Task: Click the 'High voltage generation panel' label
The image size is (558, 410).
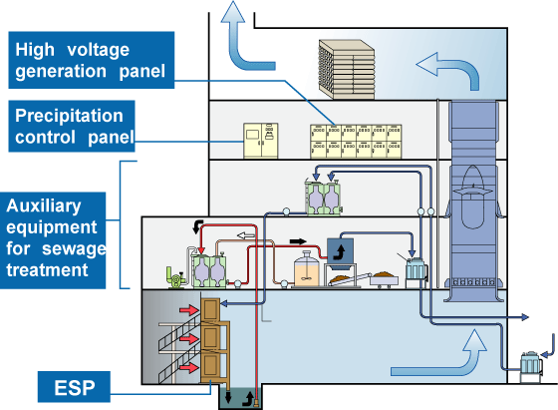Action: [92, 60]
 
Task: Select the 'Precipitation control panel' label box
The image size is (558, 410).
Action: [72, 126]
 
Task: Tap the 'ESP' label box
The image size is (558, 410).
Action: [74, 387]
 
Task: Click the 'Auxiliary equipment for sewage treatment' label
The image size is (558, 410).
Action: [53, 240]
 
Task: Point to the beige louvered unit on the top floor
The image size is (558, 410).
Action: [347, 69]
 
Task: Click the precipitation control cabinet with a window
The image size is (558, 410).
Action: [260, 141]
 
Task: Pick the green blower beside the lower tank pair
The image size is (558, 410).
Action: [175, 276]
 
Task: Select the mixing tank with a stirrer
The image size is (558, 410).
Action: [307, 268]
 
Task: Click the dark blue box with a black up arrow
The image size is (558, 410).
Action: [340, 251]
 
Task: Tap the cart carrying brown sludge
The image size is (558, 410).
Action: [384, 278]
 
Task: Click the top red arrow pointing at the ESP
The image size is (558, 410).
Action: [189, 310]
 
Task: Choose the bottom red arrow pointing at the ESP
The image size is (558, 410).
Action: [189, 367]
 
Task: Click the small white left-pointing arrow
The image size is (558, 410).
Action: [245, 235]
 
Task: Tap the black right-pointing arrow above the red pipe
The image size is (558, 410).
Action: [298, 241]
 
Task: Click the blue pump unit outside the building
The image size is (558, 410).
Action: [531, 367]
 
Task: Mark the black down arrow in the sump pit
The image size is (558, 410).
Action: [228, 396]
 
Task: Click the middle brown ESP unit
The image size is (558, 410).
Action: [210, 335]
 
